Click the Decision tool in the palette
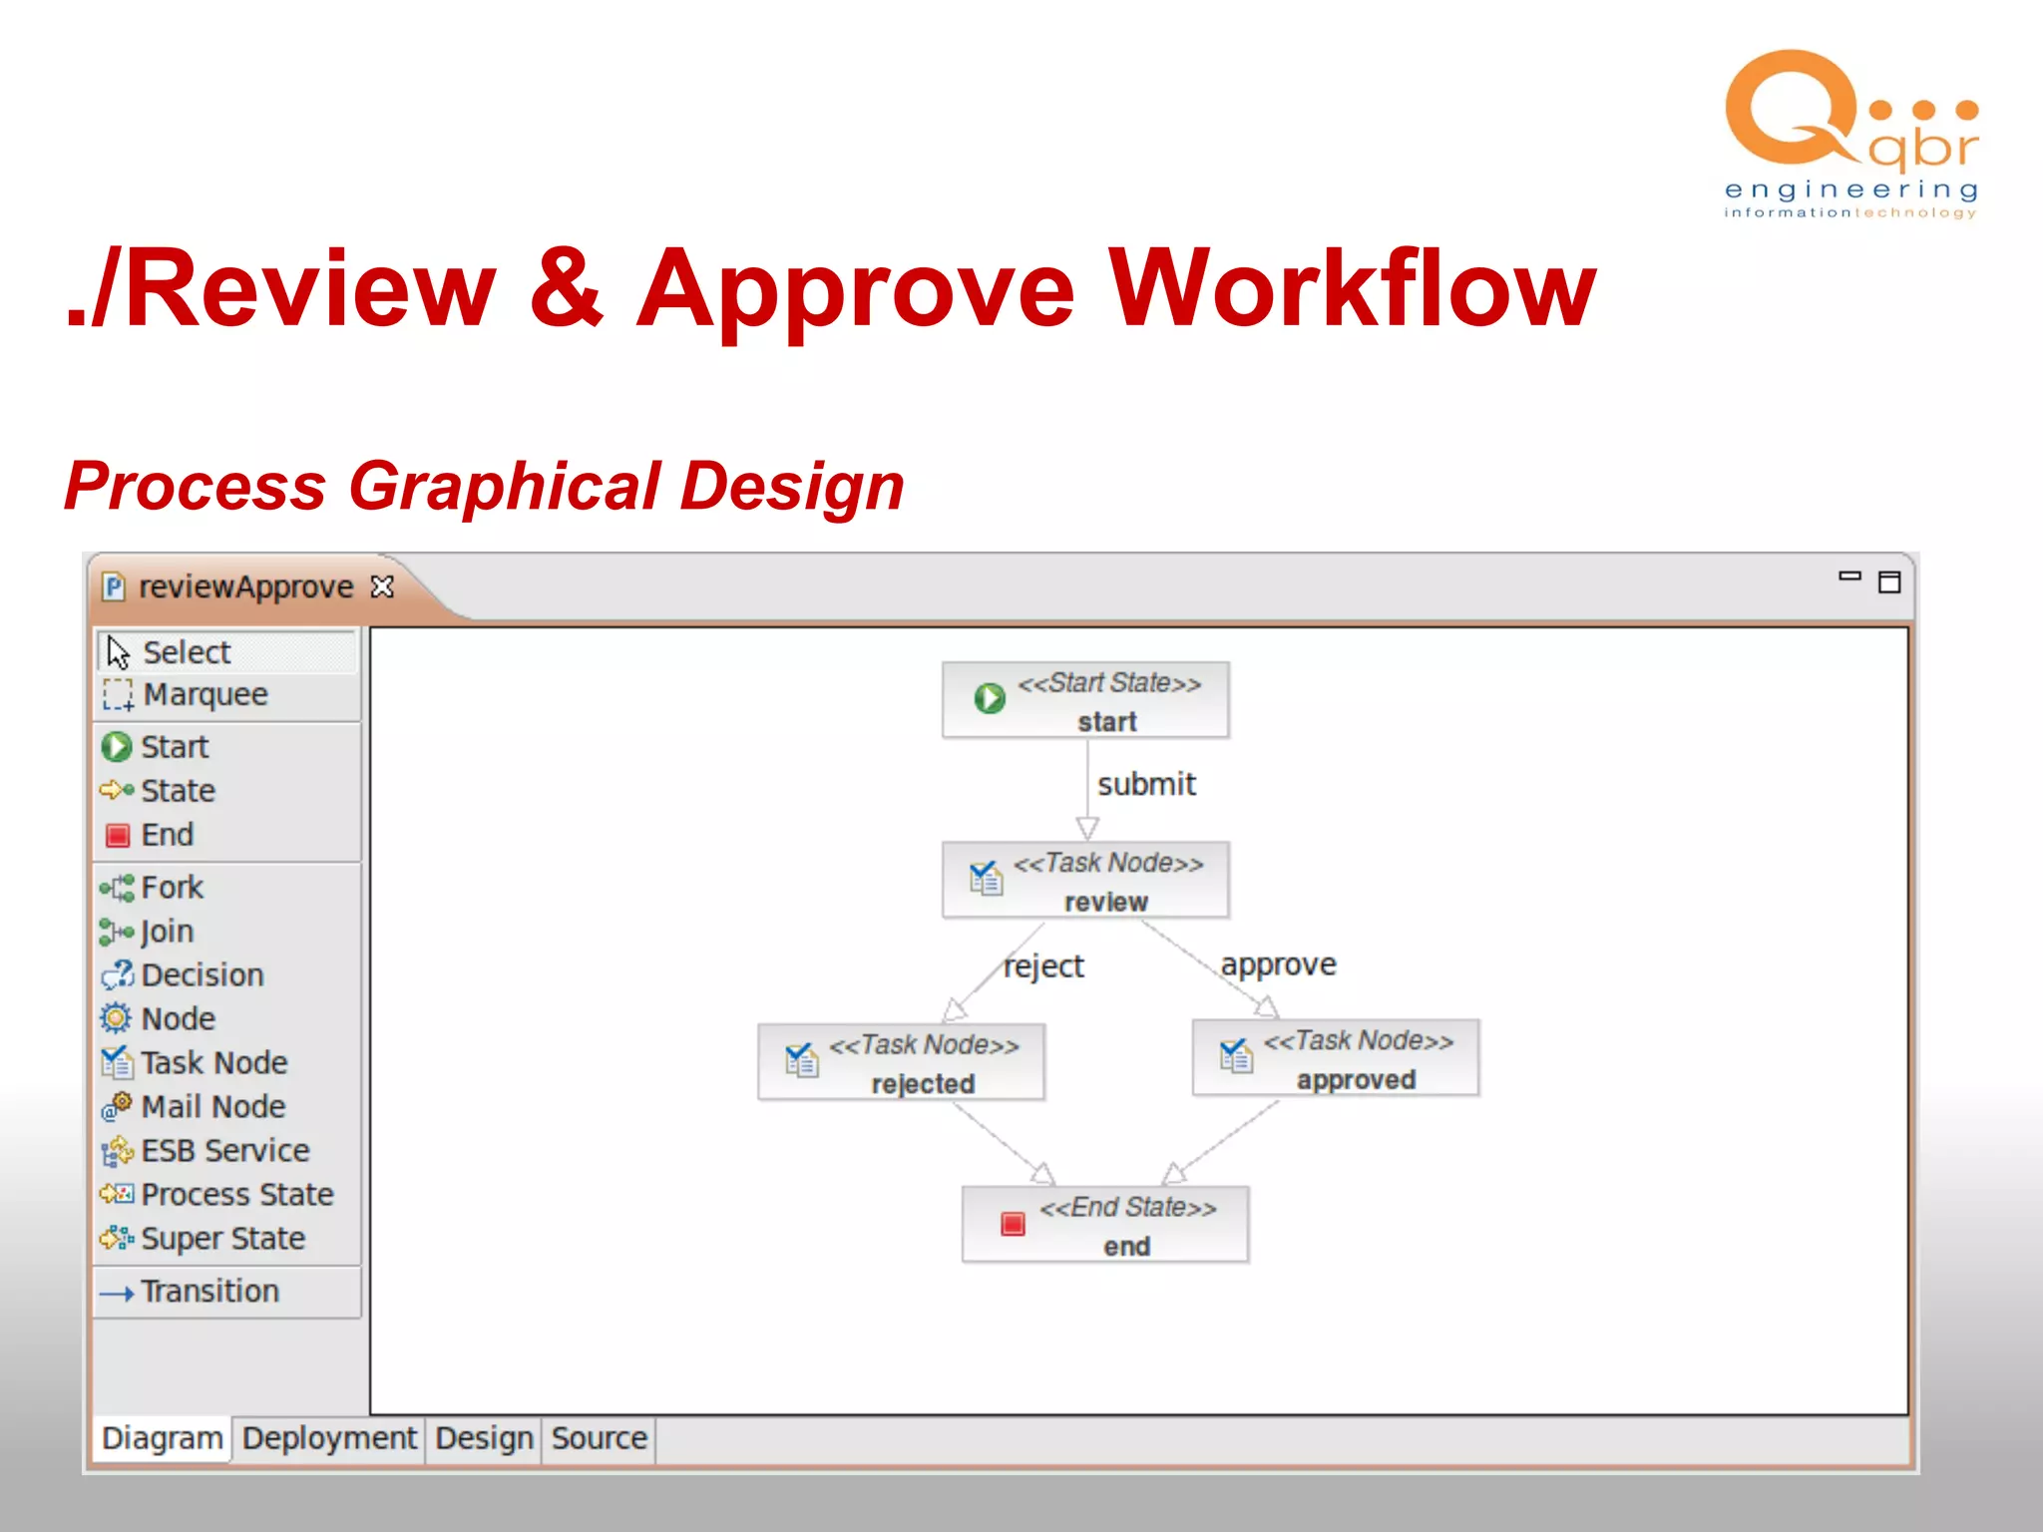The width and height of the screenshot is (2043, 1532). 202,974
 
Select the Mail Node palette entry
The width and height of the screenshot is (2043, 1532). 211,1106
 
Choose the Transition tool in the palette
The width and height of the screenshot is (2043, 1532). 209,1291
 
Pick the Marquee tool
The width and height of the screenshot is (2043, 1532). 204,694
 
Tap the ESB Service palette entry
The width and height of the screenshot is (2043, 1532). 224,1150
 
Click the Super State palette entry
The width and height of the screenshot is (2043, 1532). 221,1238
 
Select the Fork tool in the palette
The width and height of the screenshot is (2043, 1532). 172,887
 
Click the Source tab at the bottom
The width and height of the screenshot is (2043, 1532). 599,1438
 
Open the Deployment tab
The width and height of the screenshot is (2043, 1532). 329,1438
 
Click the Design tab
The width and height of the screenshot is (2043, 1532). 484,1438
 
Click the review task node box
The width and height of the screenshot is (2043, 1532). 1085,881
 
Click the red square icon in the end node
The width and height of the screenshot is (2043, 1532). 1013,1224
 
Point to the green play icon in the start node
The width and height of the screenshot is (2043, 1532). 990,698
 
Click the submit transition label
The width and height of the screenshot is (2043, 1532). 1146,784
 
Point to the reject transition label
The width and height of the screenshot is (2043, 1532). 1043,965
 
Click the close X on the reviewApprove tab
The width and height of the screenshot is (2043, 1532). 382,586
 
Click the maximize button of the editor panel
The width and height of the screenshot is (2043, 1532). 1889,582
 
